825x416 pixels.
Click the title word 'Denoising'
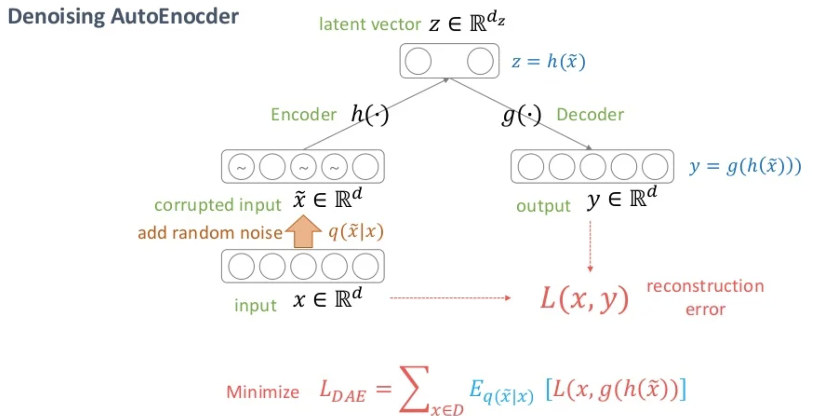coord(56,17)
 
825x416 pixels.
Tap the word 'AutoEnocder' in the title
coord(174,17)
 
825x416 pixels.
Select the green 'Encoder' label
coord(303,115)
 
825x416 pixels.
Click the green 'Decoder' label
coord(590,115)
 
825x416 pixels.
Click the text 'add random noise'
coord(210,233)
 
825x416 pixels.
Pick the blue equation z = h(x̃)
coord(548,62)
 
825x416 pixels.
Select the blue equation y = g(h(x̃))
coord(745,166)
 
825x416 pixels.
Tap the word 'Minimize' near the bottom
coord(263,392)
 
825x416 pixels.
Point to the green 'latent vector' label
coord(369,25)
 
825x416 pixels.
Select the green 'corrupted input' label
coord(217,205)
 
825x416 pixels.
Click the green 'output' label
coord(543,206)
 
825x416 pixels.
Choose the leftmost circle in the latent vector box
coord(418,61)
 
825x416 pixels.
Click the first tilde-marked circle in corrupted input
coord(241,167)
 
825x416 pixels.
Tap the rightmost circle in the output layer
coord(655,167)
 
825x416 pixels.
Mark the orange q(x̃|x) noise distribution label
coord(356,232)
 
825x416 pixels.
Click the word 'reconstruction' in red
coord(705,286)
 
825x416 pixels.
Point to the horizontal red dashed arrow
coord(450,298)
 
